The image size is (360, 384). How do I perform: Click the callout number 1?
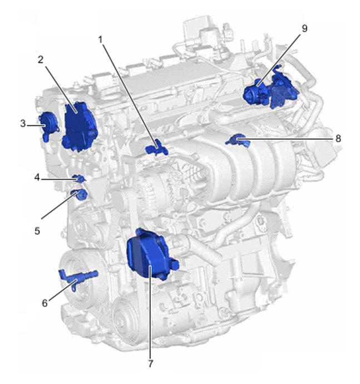[100, 40]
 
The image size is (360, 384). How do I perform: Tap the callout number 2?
[41, 60]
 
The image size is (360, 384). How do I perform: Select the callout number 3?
[23, 124]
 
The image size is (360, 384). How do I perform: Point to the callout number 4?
[37, 178]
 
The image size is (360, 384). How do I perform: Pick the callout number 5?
[37, 231]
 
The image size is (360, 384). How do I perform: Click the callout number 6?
[45, 303]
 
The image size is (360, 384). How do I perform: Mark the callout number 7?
[151, 363]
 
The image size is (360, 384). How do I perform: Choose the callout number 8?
[338, 139]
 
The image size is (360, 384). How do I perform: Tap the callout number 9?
[304, 28]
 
